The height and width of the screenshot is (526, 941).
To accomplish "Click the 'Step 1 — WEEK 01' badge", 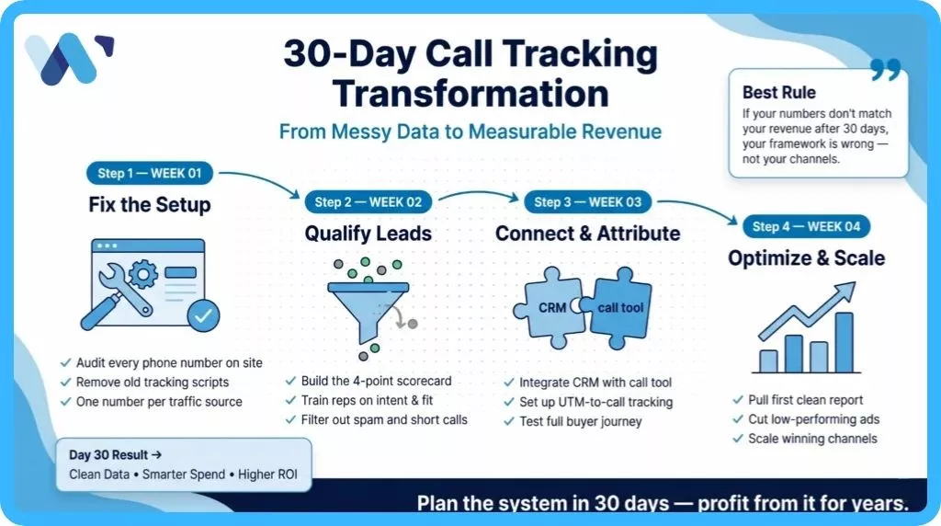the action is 150,174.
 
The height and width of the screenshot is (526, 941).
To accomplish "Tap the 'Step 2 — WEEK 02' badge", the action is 368,202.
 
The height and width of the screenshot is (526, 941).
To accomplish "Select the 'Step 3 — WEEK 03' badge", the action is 588,202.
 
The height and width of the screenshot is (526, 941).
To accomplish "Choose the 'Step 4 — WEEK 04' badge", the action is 807,226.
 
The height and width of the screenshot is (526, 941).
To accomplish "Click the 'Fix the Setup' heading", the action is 150,205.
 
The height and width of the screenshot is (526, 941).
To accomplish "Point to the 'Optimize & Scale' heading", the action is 807,258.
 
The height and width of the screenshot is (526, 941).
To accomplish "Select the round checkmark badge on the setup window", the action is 203,315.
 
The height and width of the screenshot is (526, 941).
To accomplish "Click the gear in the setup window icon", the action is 142,275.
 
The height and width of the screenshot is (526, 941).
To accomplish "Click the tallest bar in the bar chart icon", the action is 844,343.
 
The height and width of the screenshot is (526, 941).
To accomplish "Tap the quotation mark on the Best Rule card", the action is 886,69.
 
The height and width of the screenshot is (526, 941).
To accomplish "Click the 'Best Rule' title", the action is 779,93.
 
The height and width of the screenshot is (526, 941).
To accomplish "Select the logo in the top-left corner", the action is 69,58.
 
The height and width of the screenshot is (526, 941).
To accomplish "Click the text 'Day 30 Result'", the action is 108,455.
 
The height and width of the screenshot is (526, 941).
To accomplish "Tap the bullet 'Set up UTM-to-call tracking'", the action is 595,402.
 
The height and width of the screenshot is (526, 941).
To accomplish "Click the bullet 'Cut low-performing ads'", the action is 814,419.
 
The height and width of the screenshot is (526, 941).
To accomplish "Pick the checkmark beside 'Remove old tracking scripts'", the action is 66,382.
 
